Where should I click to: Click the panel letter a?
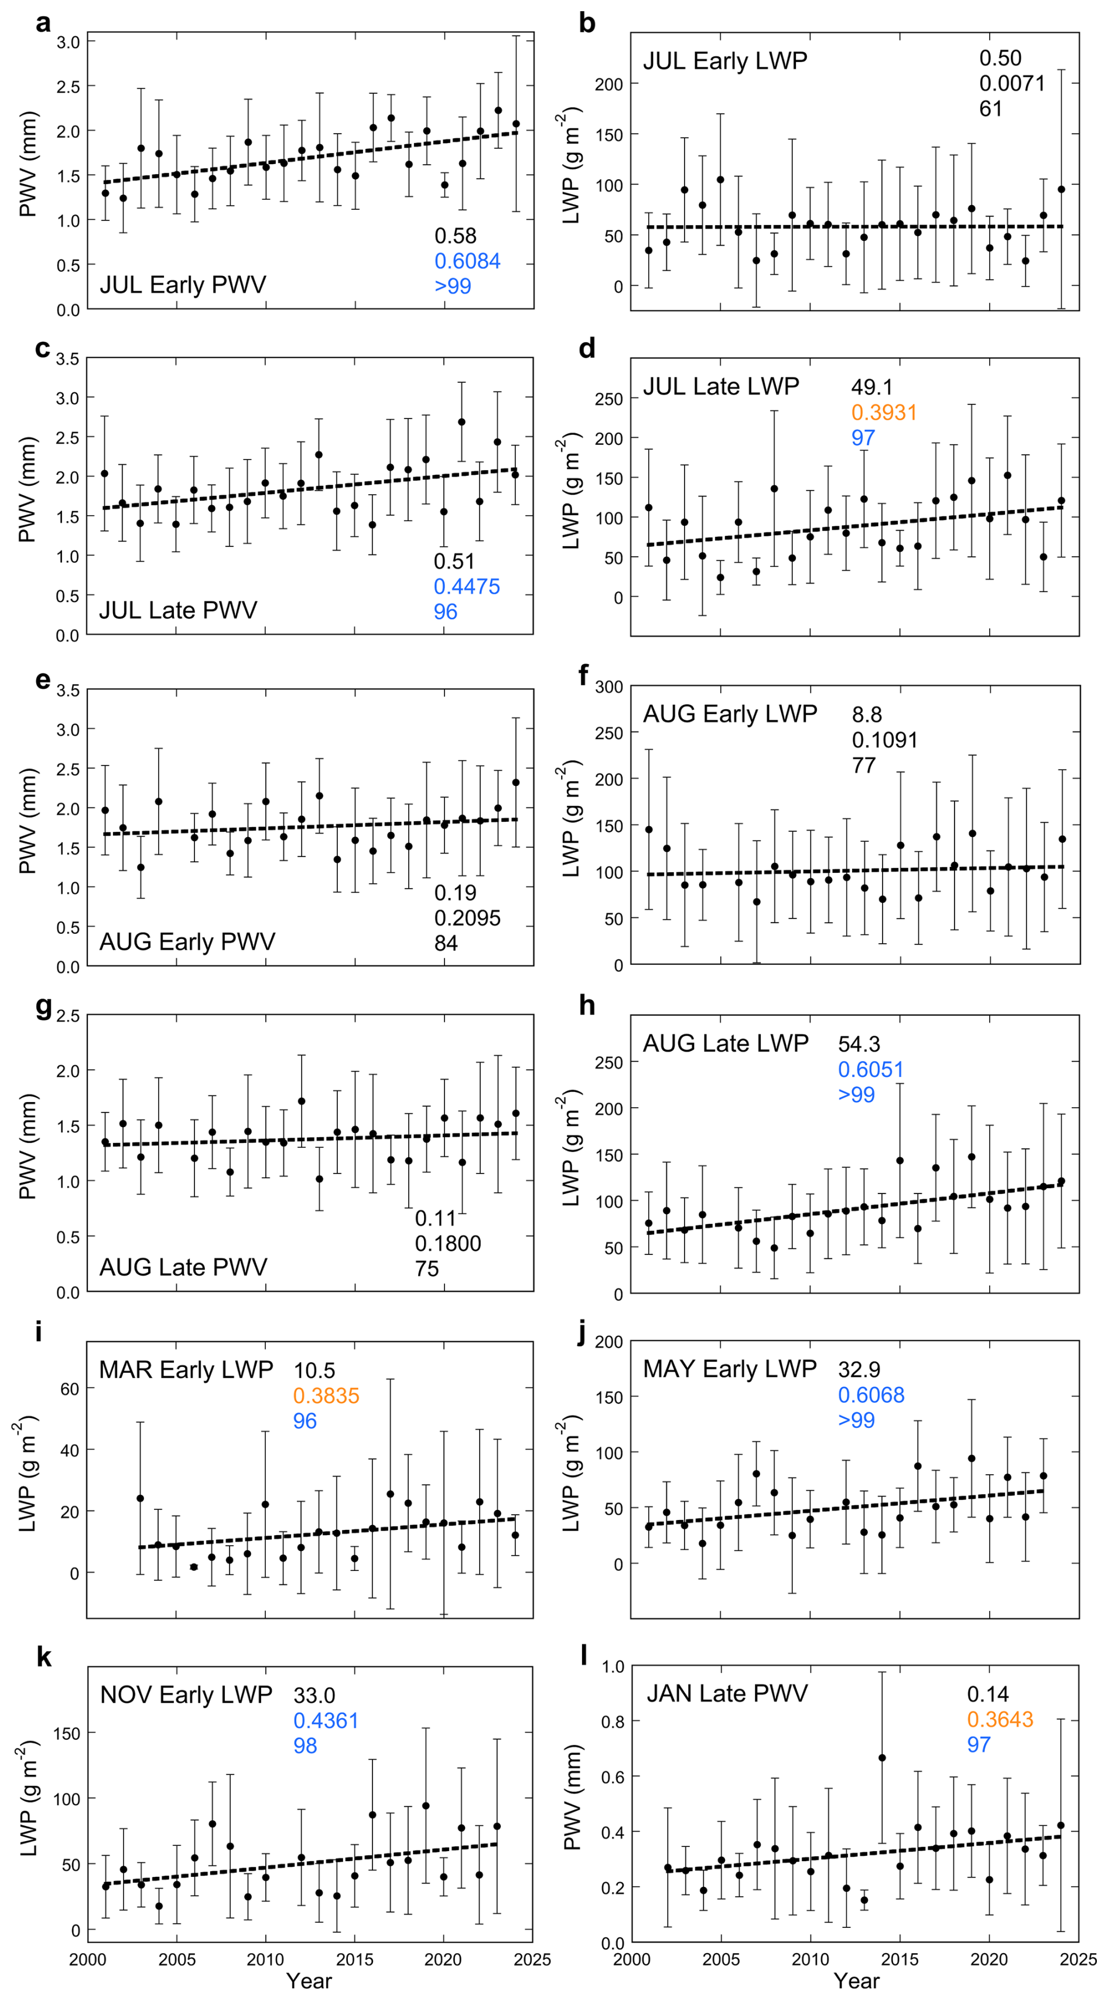[x=43, y=23]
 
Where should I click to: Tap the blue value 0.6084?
[x=467, y=261]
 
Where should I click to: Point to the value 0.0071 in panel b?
[x=1012, y=83]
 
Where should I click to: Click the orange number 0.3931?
[x=884, y=412]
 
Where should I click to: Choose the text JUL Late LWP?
[x=721, y=386]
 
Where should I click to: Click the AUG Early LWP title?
[x=729, y=713]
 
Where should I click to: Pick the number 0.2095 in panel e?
[x=467, y=918]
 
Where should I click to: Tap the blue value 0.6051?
[x=871, y=1069]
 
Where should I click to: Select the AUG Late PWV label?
[x=183, y=1267]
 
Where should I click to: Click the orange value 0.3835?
[x=326, y=1395]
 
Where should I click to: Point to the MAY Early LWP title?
[x=729, y=1368]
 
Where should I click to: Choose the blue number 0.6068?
[x=871, y=1394]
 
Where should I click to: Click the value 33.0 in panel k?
[x=314, y=1695]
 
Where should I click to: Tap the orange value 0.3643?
[x=1000, y=1719]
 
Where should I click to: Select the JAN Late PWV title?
[x=727, y=1693]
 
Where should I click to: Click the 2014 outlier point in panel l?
[x=882, y=1758]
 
